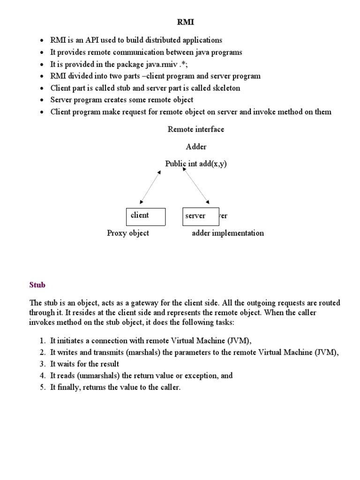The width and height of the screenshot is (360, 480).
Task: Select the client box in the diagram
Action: [145, 216]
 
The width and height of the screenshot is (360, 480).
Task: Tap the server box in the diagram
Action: [200, 216]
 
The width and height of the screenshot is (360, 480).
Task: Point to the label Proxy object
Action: [128, 233]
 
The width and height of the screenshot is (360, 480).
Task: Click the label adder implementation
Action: [228, 233]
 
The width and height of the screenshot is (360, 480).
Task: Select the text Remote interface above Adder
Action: [196, 129]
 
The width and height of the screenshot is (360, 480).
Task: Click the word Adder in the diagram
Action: [196, 147]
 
